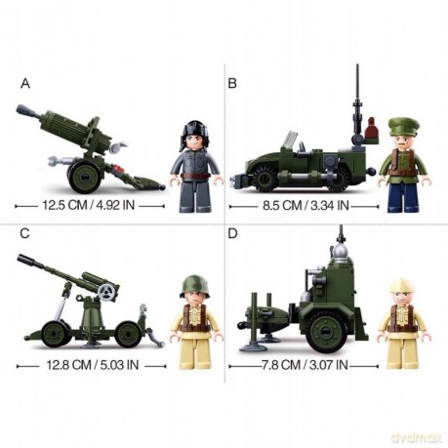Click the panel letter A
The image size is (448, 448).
(25, 84)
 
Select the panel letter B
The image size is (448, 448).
(232, 84)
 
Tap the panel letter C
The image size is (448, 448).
(24, 233)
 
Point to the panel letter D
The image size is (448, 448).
(232, 233)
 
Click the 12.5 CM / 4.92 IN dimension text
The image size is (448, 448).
(89, 205)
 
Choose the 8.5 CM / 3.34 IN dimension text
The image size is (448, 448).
(305, 206)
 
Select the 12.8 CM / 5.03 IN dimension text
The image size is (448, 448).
(93, 365)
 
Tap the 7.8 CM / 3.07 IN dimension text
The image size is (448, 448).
(305, 365)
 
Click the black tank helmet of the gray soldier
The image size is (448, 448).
(194, 130)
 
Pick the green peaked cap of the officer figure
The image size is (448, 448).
(403, 126)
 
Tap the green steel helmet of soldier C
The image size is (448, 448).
(194, 285)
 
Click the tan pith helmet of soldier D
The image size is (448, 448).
(403, 286)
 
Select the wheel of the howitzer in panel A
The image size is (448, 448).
(84, 177)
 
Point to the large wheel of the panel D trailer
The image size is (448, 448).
(326, 331)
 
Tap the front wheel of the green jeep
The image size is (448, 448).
(265, 179)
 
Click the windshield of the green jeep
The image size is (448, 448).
(291, 139)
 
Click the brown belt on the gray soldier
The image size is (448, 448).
(194, 177)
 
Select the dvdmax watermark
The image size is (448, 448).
(417, 437)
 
